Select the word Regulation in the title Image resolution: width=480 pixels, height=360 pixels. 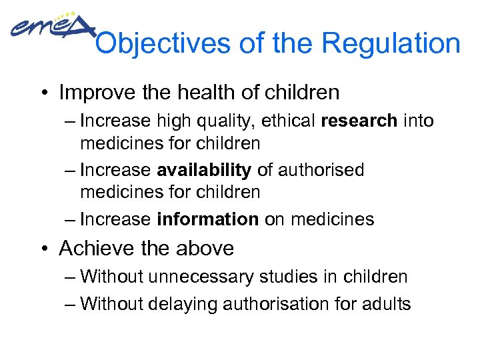pyautogui.click(x=391, y=44)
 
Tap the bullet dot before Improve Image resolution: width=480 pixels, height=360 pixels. pyautogui.click(x=47, y=93)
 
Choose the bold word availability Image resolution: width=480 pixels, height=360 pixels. pyautogui.click(x=204, y=171)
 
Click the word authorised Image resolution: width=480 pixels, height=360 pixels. pyautogui.click(x=321, y=171)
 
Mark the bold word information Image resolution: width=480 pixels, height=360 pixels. pyautogui.click(x=208, y=219)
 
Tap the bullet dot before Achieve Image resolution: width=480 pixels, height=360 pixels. pyautogui.click(x=47, y=249)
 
